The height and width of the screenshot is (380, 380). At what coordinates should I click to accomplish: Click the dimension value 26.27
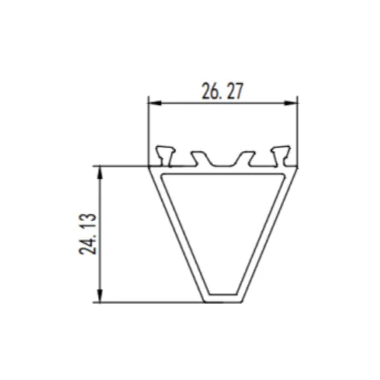click(x=222, y=92)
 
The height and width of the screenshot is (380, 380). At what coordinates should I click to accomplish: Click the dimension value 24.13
click(x=90, y=234)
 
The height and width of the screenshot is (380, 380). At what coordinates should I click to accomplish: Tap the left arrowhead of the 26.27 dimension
click(x=151, y=103)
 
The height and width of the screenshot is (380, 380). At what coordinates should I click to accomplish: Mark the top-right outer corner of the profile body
click(x=296, y=166)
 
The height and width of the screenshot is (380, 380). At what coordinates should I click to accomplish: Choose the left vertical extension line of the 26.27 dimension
click(x=147, y=129)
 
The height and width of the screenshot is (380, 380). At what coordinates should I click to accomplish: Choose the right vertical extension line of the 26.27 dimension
click(x=297, y=129)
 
